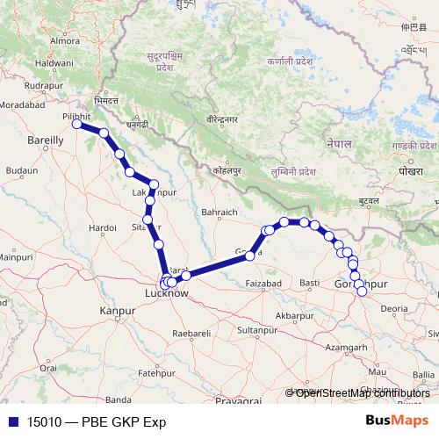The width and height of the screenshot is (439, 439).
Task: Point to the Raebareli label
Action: point(192,334)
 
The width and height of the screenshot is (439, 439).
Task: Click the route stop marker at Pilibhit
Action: point(77,124)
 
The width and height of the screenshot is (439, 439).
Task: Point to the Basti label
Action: point(309,284)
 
